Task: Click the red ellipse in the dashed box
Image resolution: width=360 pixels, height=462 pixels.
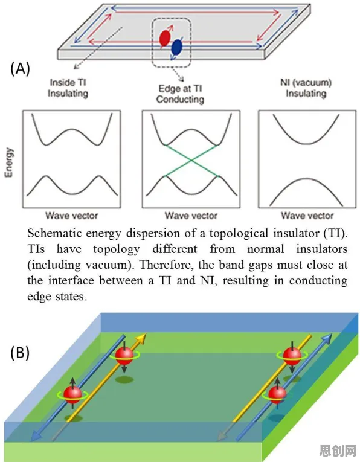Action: [165, 37]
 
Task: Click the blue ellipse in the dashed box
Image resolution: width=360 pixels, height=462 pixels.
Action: [176, 47]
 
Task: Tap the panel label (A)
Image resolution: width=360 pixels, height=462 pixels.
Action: [20, 69]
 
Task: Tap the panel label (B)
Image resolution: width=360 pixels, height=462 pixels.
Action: [20, 353]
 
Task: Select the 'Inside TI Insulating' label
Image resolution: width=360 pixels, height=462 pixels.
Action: [68, 88]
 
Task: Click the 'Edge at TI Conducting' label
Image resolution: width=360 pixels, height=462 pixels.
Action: [180, 94]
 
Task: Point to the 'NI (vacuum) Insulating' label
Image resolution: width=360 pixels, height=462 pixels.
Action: [306, 88]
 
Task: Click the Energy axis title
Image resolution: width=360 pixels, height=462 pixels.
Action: [10, 162]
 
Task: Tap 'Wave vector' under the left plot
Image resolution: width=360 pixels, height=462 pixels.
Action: [72, 216]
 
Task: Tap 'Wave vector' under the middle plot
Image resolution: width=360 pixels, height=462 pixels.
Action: [191, 216]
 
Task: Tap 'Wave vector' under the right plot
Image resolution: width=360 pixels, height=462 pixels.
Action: [307, 216]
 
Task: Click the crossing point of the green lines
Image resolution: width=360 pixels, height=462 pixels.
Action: [191, 160]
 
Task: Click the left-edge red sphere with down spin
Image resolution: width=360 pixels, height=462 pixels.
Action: [124, 356]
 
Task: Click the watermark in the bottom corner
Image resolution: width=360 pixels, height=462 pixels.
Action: [338, 450]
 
